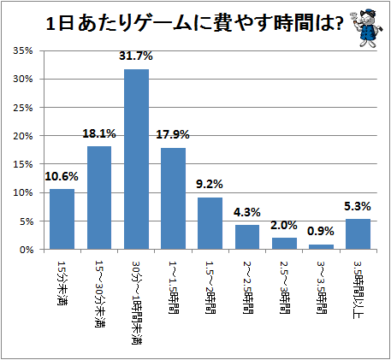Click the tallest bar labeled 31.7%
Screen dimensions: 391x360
(136, 159)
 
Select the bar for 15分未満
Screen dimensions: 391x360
(62, 219)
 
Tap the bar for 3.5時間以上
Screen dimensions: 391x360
(358, 234)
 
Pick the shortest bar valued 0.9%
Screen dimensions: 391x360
(321, 247)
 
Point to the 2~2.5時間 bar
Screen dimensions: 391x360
(247, 237)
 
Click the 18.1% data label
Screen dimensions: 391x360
(99, 133)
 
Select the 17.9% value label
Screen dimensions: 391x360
(173, 134)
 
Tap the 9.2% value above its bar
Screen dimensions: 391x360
(210, 184)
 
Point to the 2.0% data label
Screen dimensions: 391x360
(284, 225)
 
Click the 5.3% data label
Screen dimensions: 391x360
(358, 206)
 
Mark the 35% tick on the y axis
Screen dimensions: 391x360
(23, 50)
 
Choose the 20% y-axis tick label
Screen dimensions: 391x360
(23, 136)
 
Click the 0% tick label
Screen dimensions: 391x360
(27, 250)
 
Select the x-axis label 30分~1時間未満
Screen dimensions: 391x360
(137, 303)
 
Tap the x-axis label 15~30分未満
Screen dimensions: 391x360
(99, 293)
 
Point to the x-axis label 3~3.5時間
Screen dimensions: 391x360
(322, 287)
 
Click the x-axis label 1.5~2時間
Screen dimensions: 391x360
(210, 287)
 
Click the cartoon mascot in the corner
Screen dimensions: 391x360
(366, 27)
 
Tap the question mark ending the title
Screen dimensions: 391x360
(339, 24)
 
